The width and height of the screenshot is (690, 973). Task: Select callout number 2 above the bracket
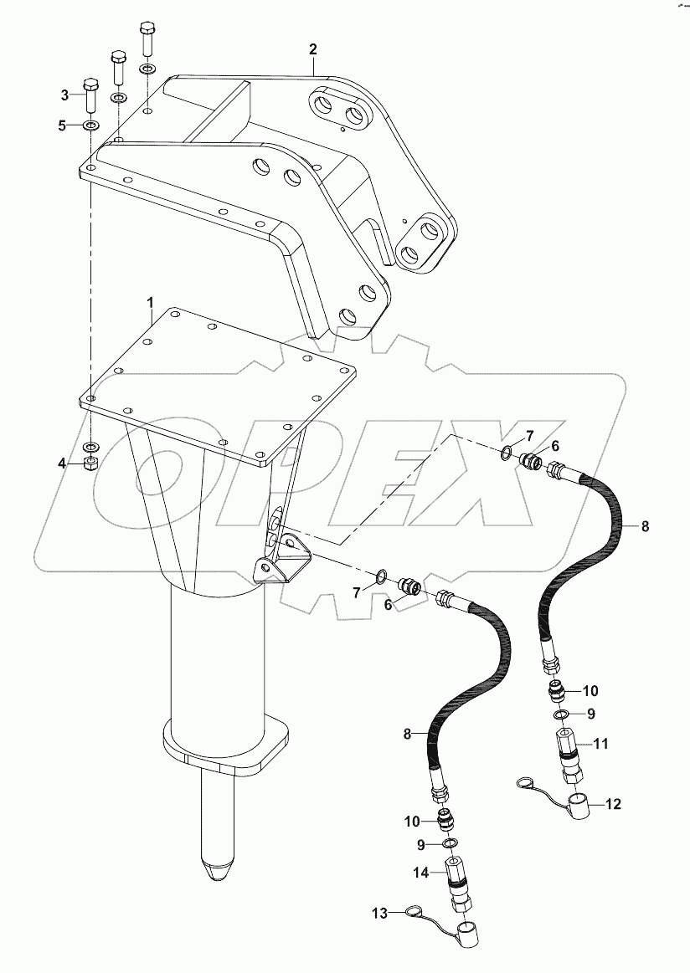[x=313, y=49]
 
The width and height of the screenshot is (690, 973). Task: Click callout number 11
[x=600, y=742]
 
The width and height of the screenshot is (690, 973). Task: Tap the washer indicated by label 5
[x=90, y=126]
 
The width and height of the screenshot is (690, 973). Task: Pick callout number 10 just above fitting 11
[x=590, y=690]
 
